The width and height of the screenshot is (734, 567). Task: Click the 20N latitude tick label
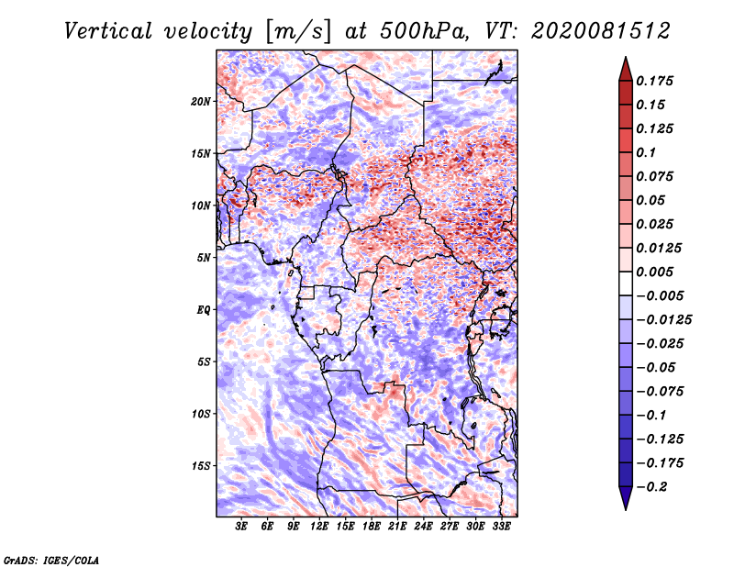click(x=201, y=102)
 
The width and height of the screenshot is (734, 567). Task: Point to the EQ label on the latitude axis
click(x=204, y=310)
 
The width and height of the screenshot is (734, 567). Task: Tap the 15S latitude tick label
click(x=201, y=466)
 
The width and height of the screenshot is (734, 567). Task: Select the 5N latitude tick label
click(x=204, y=258)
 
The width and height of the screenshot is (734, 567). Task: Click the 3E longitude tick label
click(x=241, y=527)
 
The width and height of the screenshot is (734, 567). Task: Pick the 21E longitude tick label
click(x=397, y=527)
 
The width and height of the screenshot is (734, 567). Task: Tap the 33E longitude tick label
click(x=501, y=527)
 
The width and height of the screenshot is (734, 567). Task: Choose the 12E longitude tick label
click(x=318, y=527)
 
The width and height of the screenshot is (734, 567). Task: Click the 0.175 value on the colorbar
click(x=654, y=81)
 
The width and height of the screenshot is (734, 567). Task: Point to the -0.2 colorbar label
click(x=651, y=487)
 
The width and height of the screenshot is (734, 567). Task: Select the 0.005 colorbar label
click(x=654, y=272)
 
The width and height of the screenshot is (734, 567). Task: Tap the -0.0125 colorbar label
click(x=663, y=320)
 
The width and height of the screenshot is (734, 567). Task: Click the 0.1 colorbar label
click(x=646, y=152)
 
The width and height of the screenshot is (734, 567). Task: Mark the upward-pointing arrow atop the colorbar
click(x=626, y=69)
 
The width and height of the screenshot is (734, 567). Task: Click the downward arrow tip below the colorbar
click(x=626, y=509)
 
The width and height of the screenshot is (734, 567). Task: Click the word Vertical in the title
click(x=108, y=31)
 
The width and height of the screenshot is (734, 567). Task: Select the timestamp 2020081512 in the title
click(x=601, y=31)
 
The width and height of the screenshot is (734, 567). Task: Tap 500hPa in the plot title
click(x=425, y=31)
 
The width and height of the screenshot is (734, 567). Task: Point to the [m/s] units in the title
click(x=298, y=32)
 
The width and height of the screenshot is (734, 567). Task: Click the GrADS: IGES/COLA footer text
click(x=51, y=561)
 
